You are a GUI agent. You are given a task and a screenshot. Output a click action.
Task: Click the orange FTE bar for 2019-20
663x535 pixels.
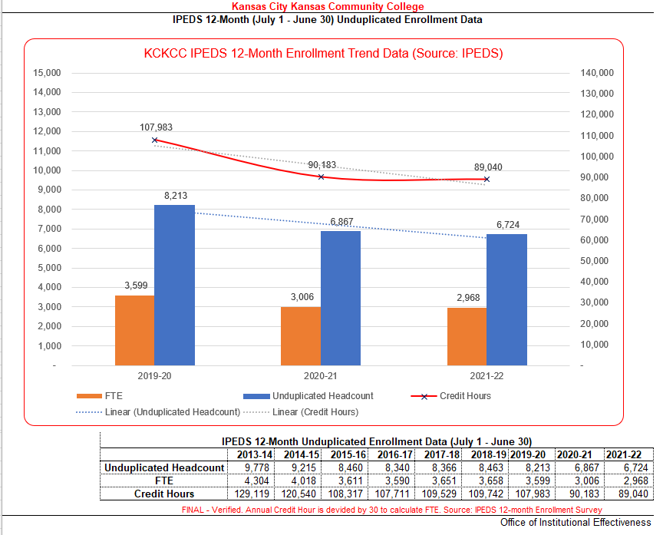(134, 330)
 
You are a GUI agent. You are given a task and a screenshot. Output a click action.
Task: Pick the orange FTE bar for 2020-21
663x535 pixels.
(301, 335)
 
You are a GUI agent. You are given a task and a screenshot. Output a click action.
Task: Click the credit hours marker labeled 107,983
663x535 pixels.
(155, 140)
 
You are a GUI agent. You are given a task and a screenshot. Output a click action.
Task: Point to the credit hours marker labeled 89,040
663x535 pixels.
(487, 180)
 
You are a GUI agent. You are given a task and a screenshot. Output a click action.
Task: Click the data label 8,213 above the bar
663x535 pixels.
(176, 196)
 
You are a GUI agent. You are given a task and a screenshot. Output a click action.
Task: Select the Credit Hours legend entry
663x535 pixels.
(464, 396)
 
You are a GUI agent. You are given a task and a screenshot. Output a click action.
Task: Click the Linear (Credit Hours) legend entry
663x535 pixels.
(315, 412)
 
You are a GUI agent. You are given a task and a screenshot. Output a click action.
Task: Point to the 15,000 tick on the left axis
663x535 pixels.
(47, 73)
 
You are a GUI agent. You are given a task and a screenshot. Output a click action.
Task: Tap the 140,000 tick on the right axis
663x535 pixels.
(597, 73)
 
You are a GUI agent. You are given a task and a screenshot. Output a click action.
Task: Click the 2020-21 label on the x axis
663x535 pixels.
(321, 377)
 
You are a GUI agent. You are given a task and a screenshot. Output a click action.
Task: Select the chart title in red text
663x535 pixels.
(323, 54)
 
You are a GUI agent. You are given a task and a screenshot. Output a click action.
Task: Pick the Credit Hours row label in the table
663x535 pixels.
(163, 494)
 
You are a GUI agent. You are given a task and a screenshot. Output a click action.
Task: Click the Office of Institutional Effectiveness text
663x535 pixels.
(575, 523)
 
